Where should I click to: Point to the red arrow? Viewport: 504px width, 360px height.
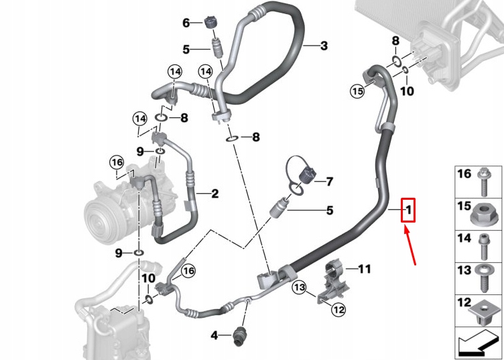[410, 245]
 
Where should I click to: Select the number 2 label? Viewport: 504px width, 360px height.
[215, 194]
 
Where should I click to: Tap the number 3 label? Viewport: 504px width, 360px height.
[324, 46]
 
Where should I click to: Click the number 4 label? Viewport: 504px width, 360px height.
[214, 335]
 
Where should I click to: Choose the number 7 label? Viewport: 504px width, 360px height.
[329, 182]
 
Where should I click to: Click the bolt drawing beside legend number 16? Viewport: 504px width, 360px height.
[483, 176]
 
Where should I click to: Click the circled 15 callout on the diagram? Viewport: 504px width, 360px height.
[357, 91]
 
